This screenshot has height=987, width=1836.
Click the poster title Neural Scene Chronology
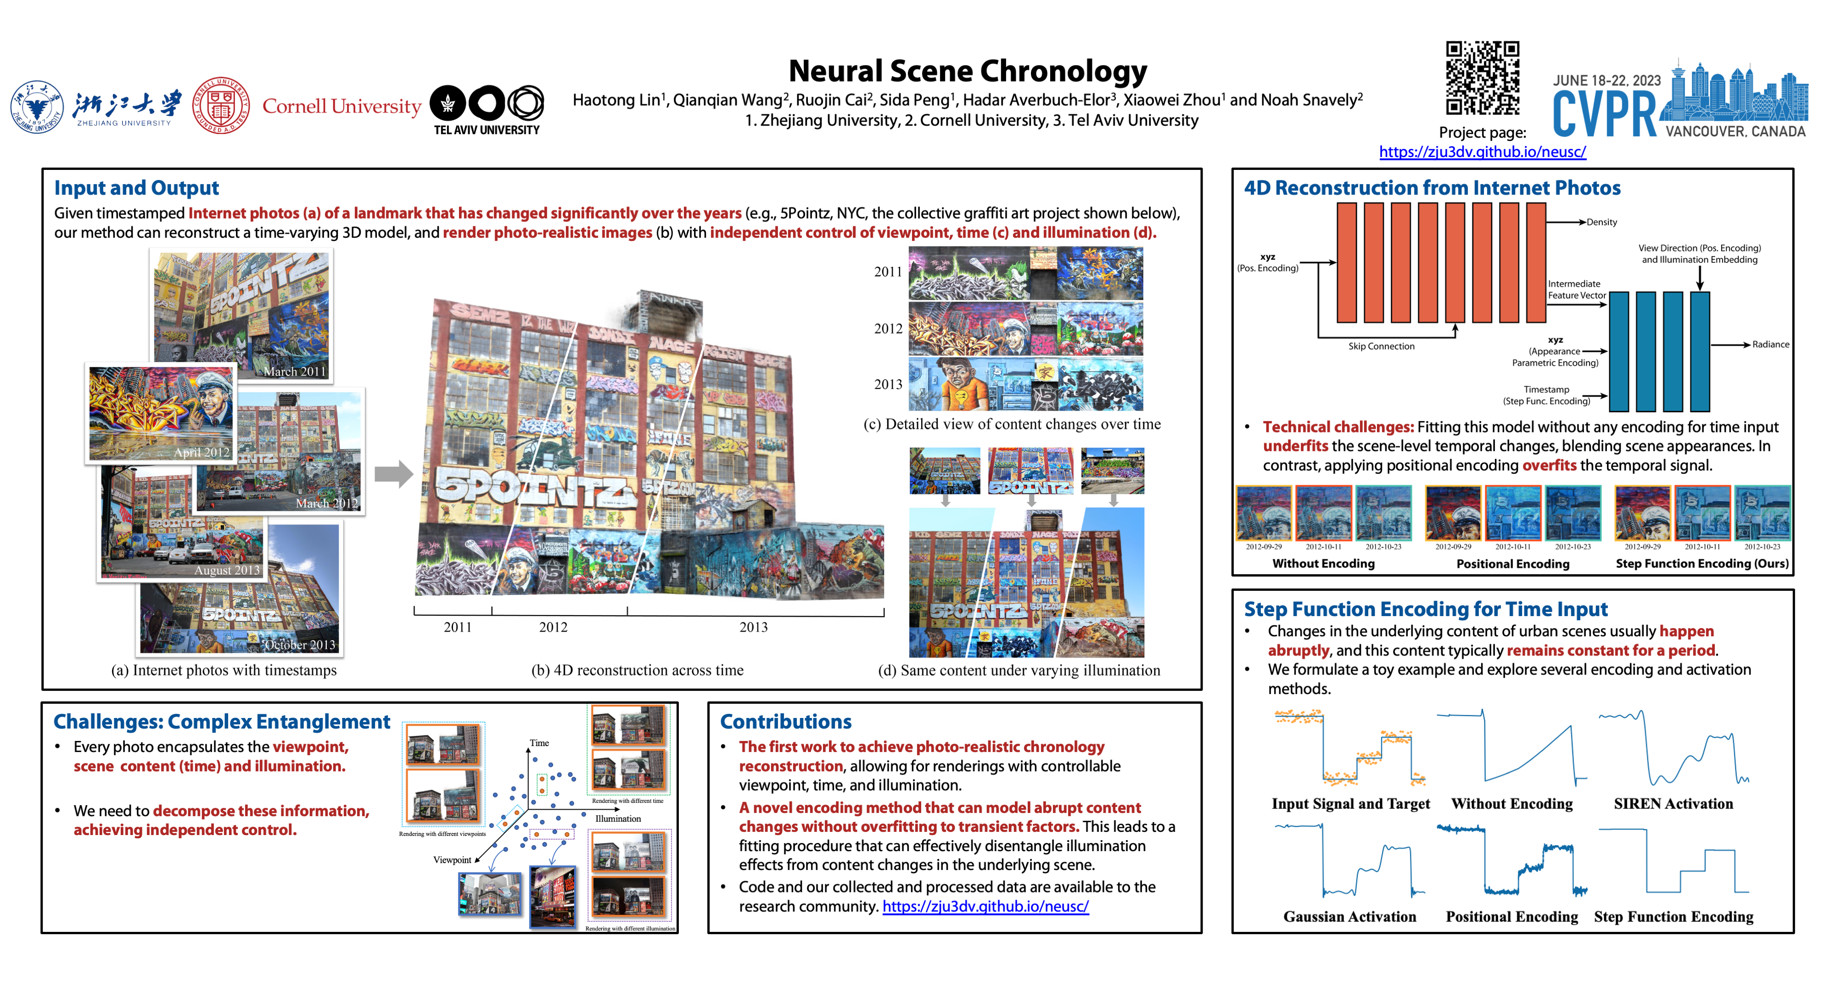[x=967, y=71]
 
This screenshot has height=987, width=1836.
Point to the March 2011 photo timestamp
[x=294, y=371]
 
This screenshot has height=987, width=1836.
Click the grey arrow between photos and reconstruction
[x=393, y=473]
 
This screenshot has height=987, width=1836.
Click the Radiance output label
[x=1770, y=345]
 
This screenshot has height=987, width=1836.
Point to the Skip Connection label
[x=1381, y=346]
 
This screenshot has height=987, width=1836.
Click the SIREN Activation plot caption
[x=1673, y=804]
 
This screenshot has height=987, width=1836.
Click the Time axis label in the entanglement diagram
[x=539, y=743]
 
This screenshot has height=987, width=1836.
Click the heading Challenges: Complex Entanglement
[x=222, y=722]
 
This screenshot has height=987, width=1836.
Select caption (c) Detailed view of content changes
[x=1011, y=424]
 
